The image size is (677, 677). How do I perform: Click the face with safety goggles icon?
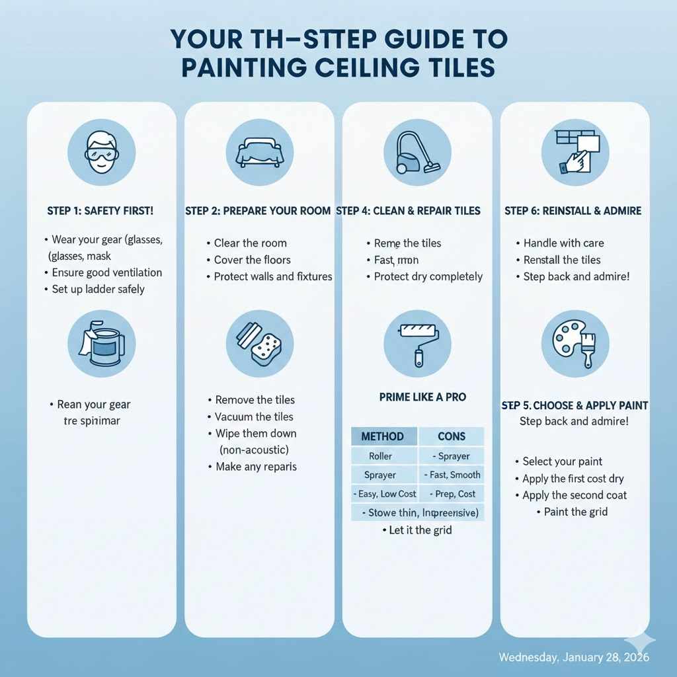point(101,152)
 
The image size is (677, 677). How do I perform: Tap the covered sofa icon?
point(259,152)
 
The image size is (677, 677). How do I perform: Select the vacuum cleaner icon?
point(417,152)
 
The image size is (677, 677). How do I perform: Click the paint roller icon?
point(417,343)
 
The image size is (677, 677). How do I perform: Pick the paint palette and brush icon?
point(575,343)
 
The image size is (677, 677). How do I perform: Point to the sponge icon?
point(259,343)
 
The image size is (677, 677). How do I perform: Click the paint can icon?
point(101,343)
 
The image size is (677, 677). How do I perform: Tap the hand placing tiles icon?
point(575,152)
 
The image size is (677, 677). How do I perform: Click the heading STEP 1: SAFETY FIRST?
point(100,211)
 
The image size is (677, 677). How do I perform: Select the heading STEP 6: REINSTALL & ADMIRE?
point(573,211)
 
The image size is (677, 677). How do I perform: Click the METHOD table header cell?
point(383,436)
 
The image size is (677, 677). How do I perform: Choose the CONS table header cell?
point(452,436)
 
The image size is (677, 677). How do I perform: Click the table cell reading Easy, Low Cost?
point(384,494)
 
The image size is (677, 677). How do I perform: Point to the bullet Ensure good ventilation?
point(106,272)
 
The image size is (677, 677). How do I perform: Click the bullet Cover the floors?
point(252,260)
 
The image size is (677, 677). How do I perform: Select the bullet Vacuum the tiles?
point(254,417)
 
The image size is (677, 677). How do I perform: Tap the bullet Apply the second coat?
point(574,495)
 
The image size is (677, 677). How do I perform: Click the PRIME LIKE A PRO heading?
point(422,397)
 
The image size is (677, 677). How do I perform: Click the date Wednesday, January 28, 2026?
point(574,657)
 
